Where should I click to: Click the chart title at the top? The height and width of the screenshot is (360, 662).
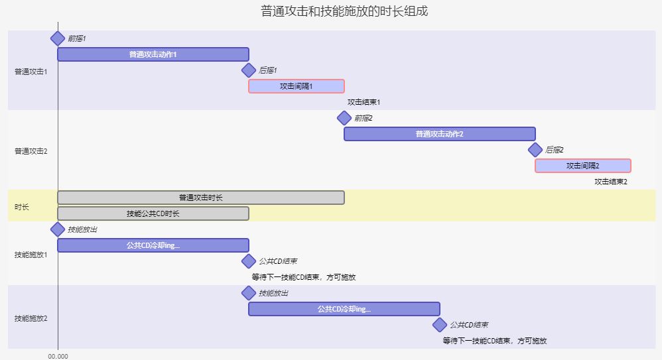click(x=330, y=11)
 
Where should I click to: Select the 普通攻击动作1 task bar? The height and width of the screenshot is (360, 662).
click(x=153, y=54)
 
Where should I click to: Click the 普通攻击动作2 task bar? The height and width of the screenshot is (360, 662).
click(x=439, y=134)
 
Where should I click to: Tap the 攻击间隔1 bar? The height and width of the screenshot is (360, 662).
click(x=296, y=86)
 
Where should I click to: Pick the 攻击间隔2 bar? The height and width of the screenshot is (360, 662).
click(x=582, y=166)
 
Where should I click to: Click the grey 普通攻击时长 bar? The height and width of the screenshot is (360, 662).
click(x=200, y=198)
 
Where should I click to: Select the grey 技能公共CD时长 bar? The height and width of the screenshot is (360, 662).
click(x=153, y=213)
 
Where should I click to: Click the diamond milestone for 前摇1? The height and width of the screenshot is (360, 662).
click(x=58, y=38)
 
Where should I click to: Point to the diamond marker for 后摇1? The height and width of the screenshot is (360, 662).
click(x=249, y=70)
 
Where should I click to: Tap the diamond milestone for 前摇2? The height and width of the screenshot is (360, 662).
click(x=344, y=118)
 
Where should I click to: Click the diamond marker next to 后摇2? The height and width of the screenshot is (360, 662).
click(x=535, y=150)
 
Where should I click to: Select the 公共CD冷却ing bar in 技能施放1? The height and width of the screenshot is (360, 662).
click(x=153, y=245)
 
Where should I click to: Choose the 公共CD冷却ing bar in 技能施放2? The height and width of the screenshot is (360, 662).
click(x=344, y=309)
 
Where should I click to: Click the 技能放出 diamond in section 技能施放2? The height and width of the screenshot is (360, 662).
click(x=249, y=293)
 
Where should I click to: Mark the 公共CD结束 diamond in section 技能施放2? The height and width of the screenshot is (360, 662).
click(x=440, y=325)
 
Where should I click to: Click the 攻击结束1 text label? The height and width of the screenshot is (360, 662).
click(x=364, y=102)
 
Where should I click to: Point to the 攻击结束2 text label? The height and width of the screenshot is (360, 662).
click(x=610, y=182)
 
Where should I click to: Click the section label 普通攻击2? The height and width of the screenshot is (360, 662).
click(x=31, y=151)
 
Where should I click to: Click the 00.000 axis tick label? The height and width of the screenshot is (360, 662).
click(x=58, y=356)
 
